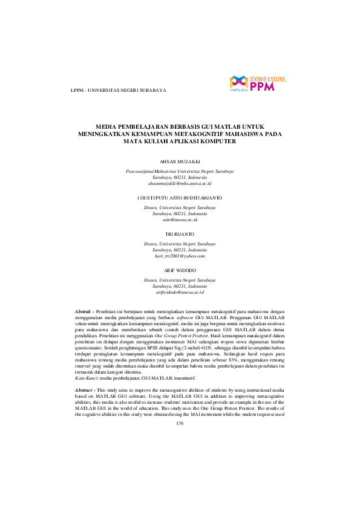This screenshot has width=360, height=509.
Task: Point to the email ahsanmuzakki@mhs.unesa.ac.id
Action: [180, 183]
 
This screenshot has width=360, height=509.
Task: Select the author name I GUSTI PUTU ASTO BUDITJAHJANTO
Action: [180, 198]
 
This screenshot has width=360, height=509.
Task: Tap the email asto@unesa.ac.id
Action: [180, 221]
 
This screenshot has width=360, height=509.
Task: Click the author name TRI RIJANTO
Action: [180, 233]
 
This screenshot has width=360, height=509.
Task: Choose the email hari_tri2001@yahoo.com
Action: [180, 256]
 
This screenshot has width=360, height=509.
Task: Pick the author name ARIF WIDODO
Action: [180, 269]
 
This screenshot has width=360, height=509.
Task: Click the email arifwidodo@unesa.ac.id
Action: [180, 292]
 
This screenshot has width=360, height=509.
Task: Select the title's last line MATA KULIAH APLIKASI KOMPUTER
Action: [180, 135]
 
